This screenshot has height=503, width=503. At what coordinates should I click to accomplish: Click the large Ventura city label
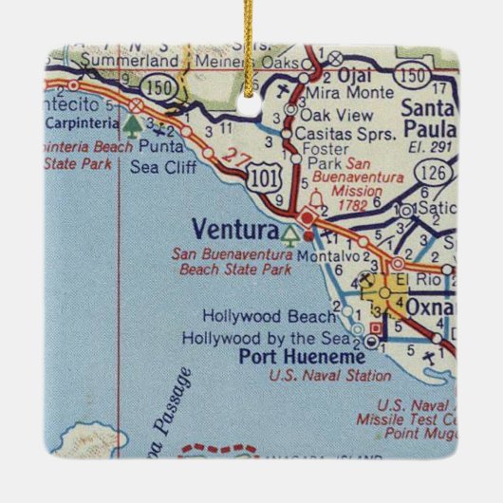pos(233,229)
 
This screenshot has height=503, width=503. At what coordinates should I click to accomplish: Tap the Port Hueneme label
pos(289,358)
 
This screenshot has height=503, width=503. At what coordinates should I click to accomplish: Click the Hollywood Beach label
pos(270,316)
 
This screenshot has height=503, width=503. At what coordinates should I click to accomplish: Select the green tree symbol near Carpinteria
pos(131,121)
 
